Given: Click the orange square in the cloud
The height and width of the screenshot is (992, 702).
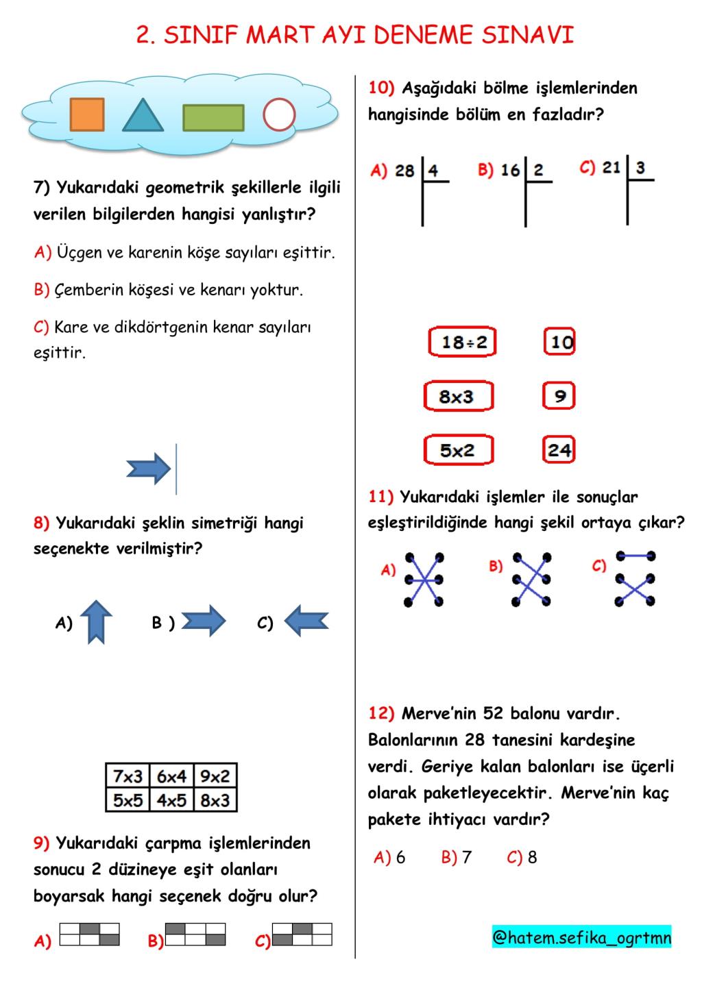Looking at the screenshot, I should (87, 114).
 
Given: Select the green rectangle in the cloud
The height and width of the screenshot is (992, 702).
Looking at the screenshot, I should (213, 117).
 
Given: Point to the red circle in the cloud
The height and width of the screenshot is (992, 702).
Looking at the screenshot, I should (279, 114).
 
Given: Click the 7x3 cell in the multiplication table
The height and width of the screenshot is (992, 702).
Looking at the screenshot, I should (128, 776).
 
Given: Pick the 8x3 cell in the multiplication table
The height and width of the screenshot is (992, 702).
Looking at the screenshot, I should (215, 799).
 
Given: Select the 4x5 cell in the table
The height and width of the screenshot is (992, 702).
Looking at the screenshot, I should (171, 799).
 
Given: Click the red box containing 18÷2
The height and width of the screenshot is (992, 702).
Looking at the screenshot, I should (463, 342).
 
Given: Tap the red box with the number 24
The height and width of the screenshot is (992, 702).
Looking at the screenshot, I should (559, 450).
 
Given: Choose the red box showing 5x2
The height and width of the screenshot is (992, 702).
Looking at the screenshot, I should (458, 450).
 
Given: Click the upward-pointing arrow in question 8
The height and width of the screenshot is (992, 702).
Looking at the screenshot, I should (96, 622).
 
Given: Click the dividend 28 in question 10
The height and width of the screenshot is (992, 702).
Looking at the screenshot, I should (404, 171).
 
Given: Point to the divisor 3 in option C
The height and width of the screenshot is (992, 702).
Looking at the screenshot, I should (640, 168).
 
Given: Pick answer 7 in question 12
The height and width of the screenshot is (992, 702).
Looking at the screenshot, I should (467, 857).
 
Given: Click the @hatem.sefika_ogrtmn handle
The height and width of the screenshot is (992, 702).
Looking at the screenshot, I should (581, 937).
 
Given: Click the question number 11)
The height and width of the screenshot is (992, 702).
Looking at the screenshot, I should (380, 497).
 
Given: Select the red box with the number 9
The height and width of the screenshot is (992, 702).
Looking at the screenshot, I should (559, 396).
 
